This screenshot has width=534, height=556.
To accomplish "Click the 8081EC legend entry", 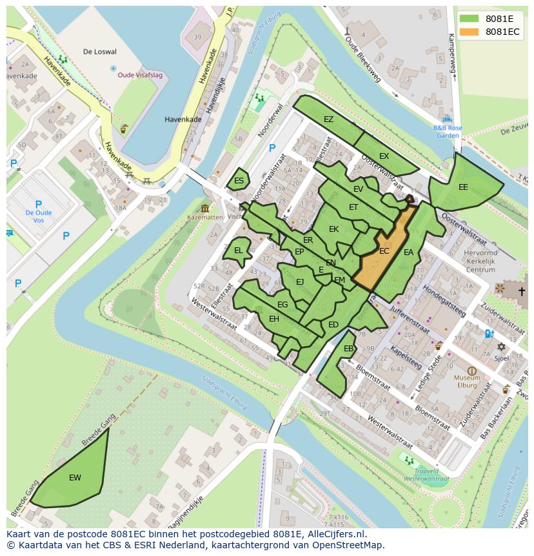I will (x=502, y=32).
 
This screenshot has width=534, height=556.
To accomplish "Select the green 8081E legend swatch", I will (x=470, y=19).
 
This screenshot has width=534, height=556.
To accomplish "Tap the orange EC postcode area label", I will (x=384, y=251).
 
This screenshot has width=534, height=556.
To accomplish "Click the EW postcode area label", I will (x=75, y=478).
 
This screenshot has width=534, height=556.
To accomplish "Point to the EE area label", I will (x=463, y=187).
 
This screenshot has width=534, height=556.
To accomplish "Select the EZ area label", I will (x=328, y=119).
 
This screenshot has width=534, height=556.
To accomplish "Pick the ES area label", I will (x=239, y=181).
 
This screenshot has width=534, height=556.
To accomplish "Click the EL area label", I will (x=238, y=251).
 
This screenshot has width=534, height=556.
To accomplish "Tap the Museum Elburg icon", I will (x=472, y=371).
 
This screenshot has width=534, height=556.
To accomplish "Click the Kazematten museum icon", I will (x=205, y=208).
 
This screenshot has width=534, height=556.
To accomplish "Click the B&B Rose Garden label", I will (x=447, y=132).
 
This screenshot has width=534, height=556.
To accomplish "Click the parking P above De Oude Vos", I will (x=38, y=203).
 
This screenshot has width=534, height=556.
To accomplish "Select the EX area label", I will (x=384, y=156).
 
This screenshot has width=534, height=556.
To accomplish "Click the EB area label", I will (x=348, y=349).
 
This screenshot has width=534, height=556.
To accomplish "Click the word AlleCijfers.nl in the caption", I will (x=336, y=534).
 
